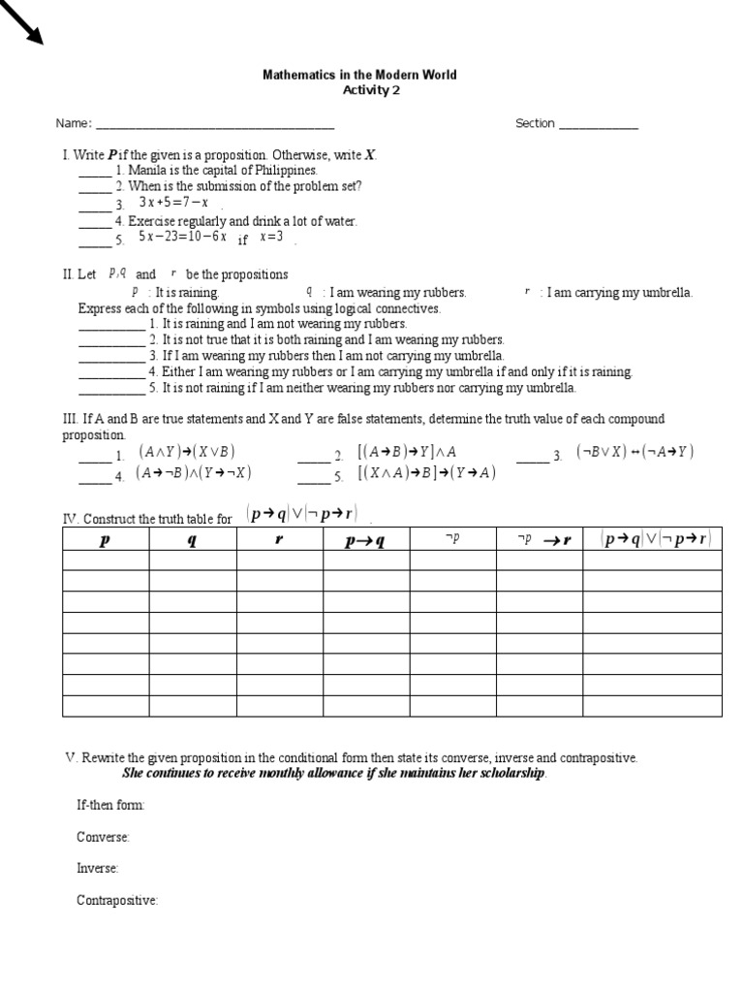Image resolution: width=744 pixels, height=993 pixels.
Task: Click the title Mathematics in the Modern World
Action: click(x=359, y=75)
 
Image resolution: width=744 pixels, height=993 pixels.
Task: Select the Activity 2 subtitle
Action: click(x=370, y=90)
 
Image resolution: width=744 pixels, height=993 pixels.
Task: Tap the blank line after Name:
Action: click(x=214, y=124)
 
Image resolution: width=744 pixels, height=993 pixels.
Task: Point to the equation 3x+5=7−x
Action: click(x=173, y=203)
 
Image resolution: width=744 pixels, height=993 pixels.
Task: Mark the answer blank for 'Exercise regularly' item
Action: click(x=95, y=222)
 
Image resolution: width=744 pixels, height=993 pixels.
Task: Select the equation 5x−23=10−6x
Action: click(x=182, y=237)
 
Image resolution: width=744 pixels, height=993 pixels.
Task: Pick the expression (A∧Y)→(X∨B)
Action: click(x=187, y=452)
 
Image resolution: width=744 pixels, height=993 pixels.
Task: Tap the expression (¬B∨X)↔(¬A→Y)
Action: click(x=635, y=452)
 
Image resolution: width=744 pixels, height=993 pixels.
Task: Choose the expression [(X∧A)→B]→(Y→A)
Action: click(x=426, y=473)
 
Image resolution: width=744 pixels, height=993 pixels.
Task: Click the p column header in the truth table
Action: click(x=106, y=540)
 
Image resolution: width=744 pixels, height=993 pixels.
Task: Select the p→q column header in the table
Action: click(x=365, y=540)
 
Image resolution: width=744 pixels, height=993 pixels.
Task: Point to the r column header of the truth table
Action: click(x=279, y=540)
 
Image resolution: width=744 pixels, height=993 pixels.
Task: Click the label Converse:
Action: click(x=103, y=837)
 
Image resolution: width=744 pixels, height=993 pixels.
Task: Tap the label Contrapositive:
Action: click(x=117, y=901)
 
